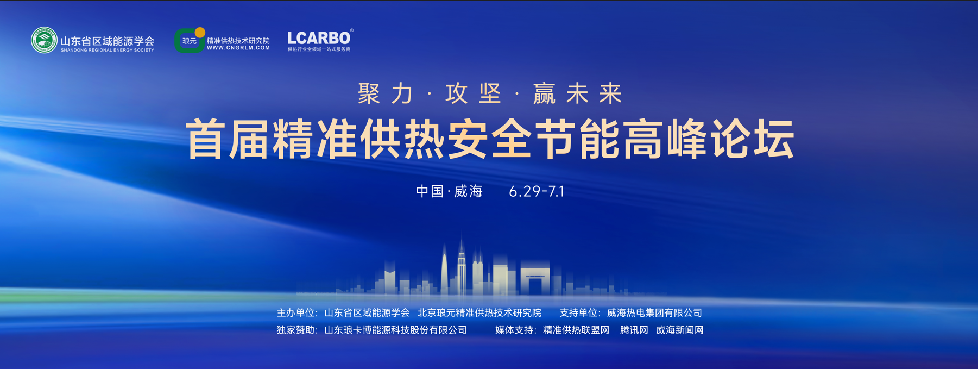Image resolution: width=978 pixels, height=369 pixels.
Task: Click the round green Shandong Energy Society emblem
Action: pos(44,40)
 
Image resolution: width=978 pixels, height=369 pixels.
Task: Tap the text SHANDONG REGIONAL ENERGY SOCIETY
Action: pos(108,50)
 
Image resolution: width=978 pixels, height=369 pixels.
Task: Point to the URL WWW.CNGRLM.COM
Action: pos(238,48)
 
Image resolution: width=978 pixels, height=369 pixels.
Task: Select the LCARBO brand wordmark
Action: pos(319,38)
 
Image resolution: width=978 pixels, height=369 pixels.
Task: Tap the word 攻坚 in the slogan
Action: pos(473,93)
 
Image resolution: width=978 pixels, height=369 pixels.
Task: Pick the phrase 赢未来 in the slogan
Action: pos(577,93)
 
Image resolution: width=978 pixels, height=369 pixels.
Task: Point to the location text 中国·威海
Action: pos(449,191)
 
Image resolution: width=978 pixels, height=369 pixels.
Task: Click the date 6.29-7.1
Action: pos(537,191)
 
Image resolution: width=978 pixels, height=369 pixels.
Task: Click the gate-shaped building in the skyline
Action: pos(535,280)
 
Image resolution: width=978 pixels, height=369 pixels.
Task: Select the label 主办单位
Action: pos(296,313)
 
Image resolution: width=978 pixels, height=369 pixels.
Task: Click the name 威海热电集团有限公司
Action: pos(654,313)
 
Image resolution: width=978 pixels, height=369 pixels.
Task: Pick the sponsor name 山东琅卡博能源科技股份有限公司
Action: pos(395,330)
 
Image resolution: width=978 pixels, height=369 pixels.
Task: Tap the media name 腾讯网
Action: pos(634,330)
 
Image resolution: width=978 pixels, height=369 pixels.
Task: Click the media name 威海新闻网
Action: pos(680,330)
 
